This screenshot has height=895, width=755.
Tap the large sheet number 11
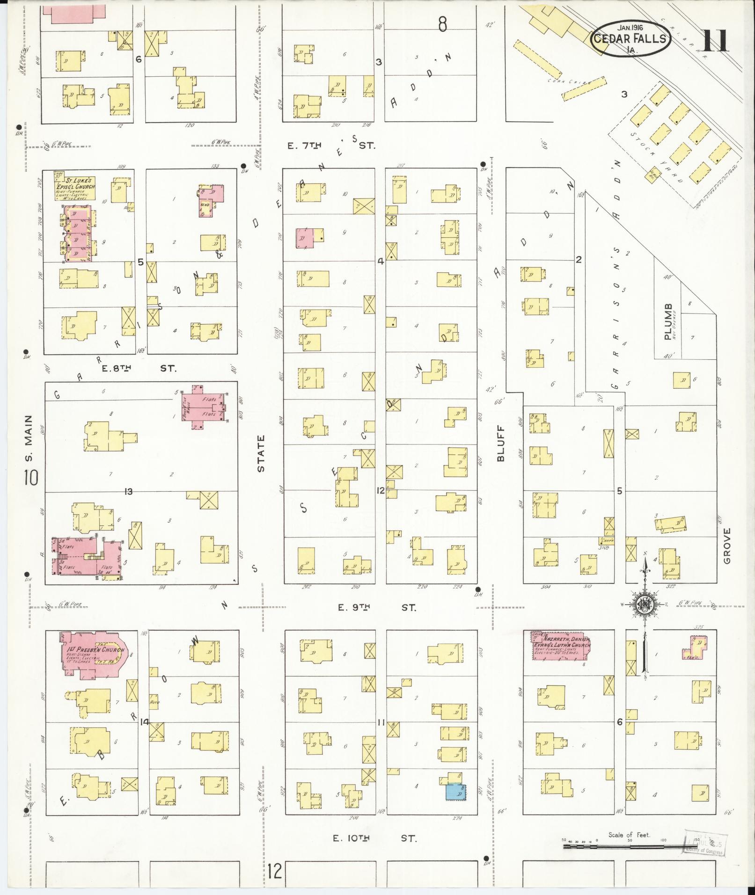pyautogui.click(x=716, y=41)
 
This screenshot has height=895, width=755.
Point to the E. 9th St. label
pyautogui.click(x=377, y=607)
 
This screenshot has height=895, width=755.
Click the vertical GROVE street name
pyautogui.click(x=726, y=546)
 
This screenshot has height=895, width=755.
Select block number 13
pyautogui.click(x=128, y=491)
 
